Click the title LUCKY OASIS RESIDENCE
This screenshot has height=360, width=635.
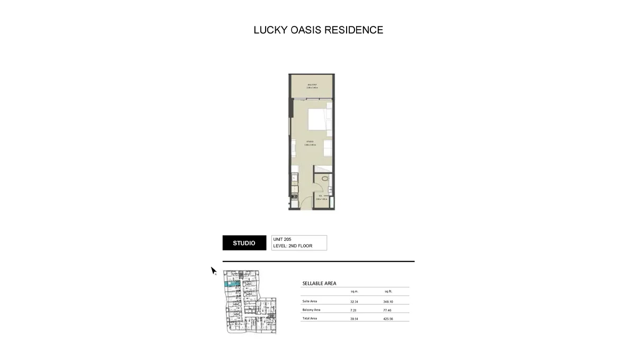(318, 30)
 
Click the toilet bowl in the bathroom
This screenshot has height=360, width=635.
(324, 179)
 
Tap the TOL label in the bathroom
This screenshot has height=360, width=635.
(320, 196)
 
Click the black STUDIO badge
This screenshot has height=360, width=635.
(244, 243)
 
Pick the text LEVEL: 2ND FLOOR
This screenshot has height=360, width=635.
(293, 246)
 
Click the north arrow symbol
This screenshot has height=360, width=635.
(214, 271)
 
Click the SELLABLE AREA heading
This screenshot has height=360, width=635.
(319, 283)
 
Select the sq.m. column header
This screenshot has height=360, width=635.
(355, 292)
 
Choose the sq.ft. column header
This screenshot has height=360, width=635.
(388, 292)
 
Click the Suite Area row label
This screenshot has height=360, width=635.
(310, 301)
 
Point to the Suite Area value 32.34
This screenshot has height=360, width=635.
(355, 301)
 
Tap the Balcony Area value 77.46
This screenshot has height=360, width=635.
(388, 310)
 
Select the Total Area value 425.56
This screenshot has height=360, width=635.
(388, 319)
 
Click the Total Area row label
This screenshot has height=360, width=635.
(310, 319)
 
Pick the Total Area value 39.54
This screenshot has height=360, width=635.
(355, 319)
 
